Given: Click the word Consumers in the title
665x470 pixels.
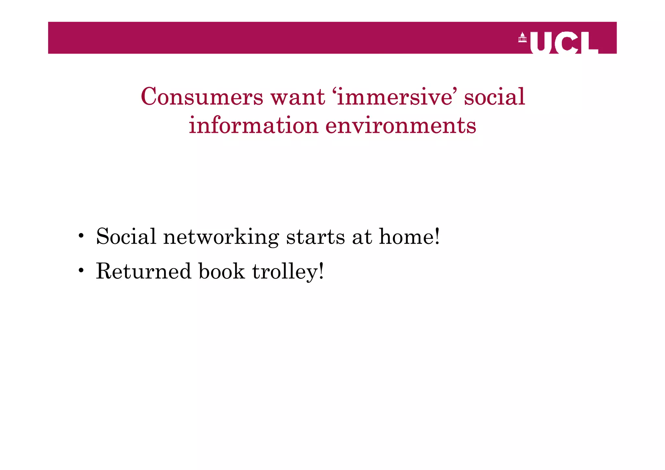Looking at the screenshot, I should coord(202,97).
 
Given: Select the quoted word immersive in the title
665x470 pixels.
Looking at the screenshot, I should coord(394,97).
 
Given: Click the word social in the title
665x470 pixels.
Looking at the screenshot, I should coord(494,97).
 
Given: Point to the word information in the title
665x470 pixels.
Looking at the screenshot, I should coord(253,125).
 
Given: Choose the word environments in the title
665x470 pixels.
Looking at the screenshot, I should coord(401,125).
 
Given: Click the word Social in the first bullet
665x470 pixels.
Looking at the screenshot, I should coord(126,236).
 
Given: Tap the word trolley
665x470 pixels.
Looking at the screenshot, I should coord(288,272).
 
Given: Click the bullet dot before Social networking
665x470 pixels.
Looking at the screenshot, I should coord(81,235).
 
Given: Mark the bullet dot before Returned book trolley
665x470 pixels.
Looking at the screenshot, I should coord(81,270).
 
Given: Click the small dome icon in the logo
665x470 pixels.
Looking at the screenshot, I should coord(522,37).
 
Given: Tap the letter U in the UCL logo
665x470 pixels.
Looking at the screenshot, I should coord(541,42).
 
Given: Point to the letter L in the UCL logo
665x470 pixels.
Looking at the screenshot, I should coord(589,42).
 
